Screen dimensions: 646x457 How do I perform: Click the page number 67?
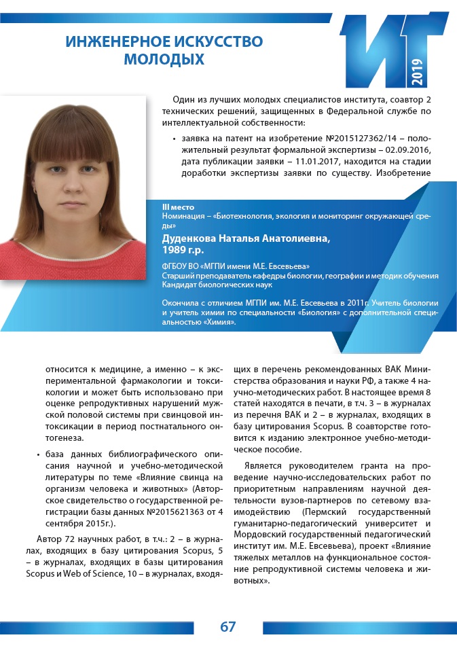point(228,626)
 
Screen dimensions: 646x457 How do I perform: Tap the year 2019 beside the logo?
point(416,71)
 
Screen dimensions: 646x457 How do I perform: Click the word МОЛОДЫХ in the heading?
point(164,59)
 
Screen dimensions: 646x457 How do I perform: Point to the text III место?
point(178,207)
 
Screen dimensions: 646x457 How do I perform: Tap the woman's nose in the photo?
point(74,187)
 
